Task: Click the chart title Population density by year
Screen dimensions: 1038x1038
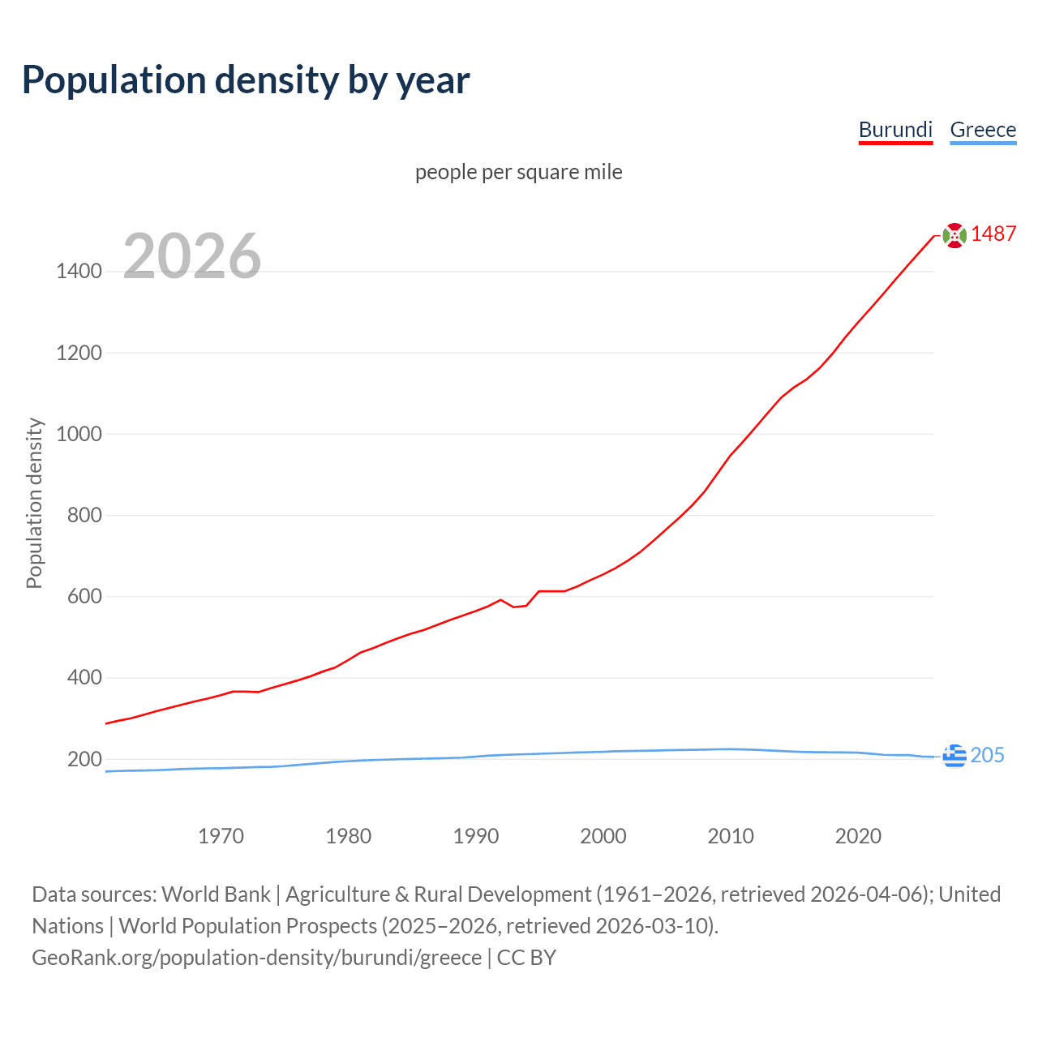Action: (x=246, y=80)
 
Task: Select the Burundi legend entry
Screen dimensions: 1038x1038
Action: (x=895, y=130)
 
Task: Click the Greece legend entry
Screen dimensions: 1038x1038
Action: (x=983, y=130)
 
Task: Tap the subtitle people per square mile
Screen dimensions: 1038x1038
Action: (x=519, y=172)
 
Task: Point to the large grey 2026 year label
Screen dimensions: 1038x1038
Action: (x=192, y=256)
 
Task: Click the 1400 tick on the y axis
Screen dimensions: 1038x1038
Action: (x=79, y=272)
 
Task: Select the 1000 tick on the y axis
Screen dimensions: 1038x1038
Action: (x=79, y=434)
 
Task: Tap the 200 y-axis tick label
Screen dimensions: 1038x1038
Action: (x=84, y=759)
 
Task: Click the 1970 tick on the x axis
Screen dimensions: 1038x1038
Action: (x=221, y=836)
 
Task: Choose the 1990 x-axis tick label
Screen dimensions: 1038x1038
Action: (x=476, y=836)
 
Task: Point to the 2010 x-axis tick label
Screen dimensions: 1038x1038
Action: (x=731, y=836)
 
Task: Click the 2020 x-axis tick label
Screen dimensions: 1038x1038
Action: (x=858, y=836)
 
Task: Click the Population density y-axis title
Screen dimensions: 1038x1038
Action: (x=34, y=503)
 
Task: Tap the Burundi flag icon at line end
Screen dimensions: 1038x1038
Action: (x=955, y=235)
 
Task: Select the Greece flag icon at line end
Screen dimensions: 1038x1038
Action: (x=955, y=756)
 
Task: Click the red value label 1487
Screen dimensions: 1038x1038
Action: (x=993, y=234)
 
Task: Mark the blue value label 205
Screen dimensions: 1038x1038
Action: (x=987, y=755)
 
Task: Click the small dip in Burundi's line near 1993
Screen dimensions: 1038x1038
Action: (x=514, y=607)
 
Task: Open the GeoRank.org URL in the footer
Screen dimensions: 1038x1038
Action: (x=257, y=958)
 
